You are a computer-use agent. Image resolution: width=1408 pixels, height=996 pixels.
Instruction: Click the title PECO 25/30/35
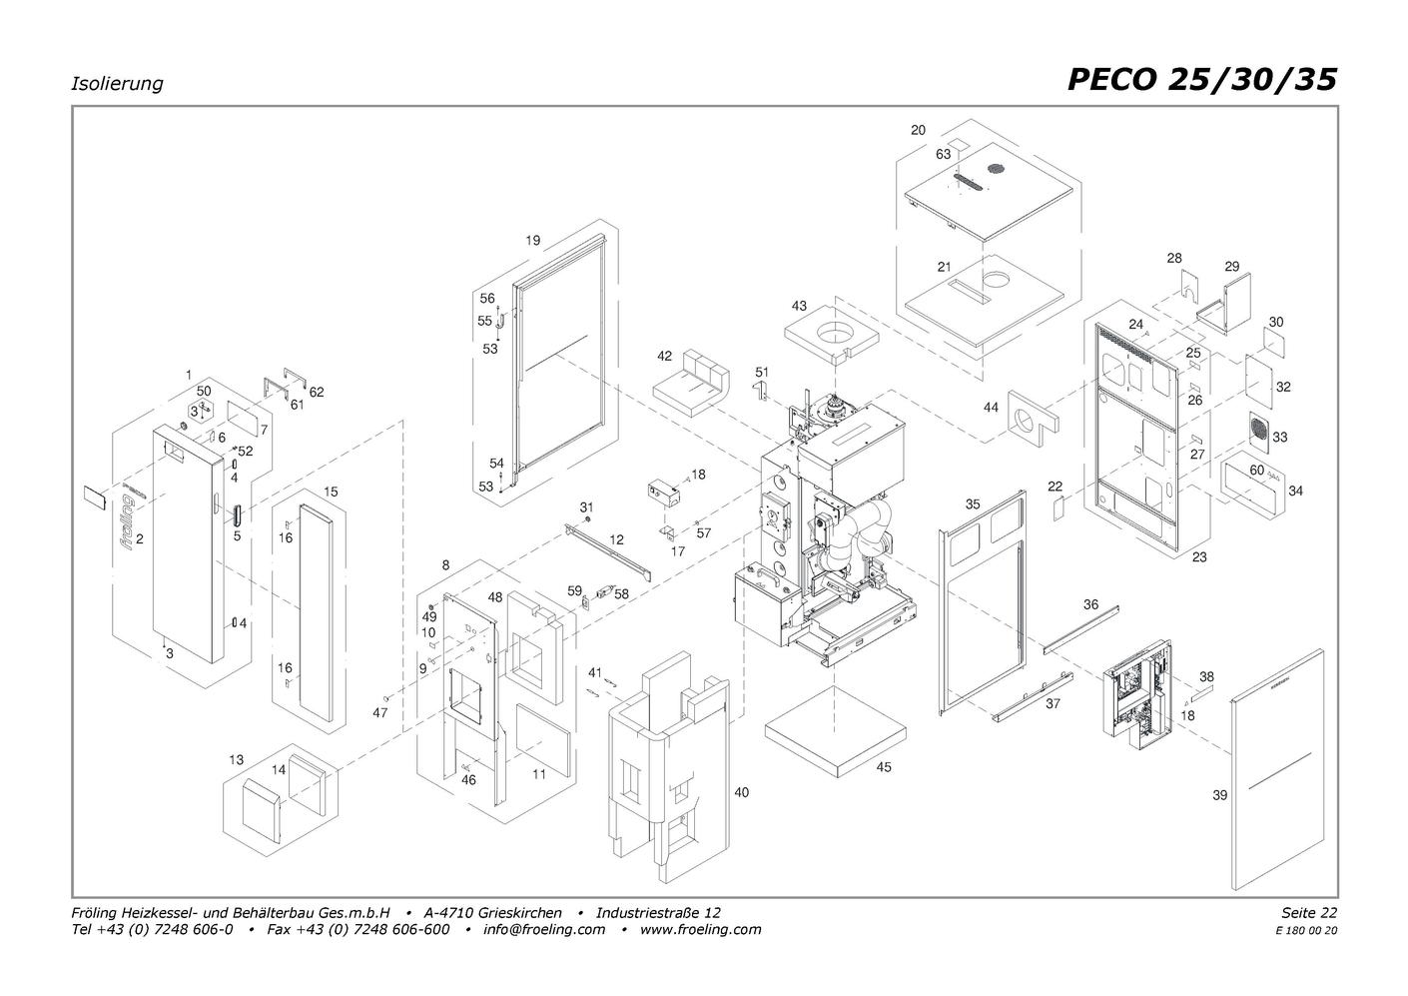(x=1202, y=80)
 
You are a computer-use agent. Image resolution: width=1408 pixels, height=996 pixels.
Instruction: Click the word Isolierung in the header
(x=117, y=84)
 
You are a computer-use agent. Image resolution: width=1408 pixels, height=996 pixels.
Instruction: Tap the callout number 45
(x=883, y=767)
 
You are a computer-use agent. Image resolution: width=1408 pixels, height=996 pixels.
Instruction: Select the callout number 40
(x=742, y=792)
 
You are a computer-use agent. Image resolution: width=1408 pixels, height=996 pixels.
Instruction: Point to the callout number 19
(x=532, y=240)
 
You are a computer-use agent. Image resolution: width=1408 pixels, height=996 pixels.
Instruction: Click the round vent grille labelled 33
(x=1258, y=433)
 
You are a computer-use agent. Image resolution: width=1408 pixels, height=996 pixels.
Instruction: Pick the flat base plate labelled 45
(x=836, y=733)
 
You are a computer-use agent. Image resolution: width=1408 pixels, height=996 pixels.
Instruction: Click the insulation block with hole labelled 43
(x=830, y=334)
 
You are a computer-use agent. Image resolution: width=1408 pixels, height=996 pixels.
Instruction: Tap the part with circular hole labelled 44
(x=1033, y=420)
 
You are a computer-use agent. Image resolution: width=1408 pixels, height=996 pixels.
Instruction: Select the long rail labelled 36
(x=1081, y=629)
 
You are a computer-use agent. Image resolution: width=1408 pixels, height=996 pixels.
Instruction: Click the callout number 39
(x=1219, y=795)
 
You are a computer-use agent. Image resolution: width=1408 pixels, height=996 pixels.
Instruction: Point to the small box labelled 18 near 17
(x=664, y=494)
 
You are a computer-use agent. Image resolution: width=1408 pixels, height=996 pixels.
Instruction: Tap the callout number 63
(x=943, y=154)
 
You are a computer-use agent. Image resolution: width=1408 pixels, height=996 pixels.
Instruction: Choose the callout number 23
(x=1198, y=557)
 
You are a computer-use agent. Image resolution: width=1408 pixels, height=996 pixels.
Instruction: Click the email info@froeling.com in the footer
(x=543, y=929)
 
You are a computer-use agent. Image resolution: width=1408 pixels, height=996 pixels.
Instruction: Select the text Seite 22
(x=1309, y=912)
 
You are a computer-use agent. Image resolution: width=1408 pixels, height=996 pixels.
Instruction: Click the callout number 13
(x=236, y=760)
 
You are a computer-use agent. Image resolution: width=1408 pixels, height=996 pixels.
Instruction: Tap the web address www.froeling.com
(x=700, y=929)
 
